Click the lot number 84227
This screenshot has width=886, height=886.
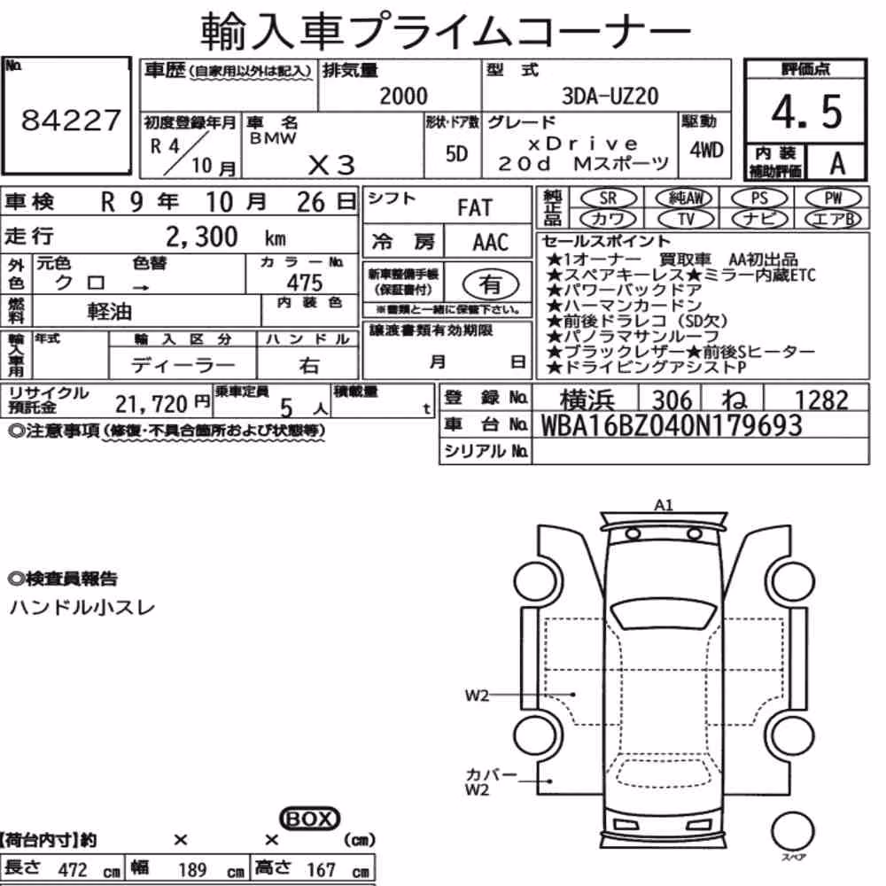click(x=71, y=120)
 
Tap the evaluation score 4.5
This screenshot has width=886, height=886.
click(x=806, y=112)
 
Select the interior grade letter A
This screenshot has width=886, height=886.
click(x=837, y=164)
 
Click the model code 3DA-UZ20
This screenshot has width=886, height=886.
click(x=610, y=96)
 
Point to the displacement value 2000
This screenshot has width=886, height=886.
click(x=403, y=96)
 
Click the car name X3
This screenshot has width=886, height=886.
click(x=331, y=166)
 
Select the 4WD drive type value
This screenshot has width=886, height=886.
click(x=706, y=151)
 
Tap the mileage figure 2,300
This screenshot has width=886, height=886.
click(x=202, y=237)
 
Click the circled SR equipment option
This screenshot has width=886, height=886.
click(x=609, y=198)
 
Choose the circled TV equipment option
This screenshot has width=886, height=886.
click(x=686, y=219)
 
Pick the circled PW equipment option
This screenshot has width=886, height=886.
click(x=833, y=198)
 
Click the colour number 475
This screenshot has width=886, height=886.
click(x=305, y=283)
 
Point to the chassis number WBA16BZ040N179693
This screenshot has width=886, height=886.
click(x=672, y=425)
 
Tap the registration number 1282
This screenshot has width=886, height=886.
click(x=821, y=400)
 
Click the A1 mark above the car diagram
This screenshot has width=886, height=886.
click(x=664, y=505)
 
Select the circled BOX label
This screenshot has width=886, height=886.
click(x=309, y=818)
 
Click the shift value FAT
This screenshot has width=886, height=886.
click(x=475, y=208)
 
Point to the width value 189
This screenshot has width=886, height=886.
click(x=192, y=869)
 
